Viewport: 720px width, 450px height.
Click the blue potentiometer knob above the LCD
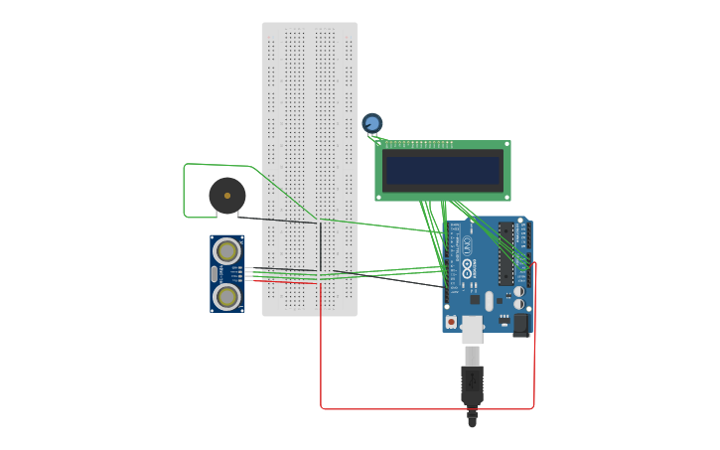(372, 123)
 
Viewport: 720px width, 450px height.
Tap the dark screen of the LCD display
(443, 171)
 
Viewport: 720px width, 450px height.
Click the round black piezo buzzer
(227, 196)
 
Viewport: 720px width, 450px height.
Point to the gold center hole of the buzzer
(227, 196)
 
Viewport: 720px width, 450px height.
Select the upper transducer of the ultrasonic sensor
(227, 250)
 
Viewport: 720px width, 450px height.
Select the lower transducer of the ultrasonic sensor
(227, 296)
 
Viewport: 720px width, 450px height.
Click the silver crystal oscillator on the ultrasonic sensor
(215, 273)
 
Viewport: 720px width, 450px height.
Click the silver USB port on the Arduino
(472, 329)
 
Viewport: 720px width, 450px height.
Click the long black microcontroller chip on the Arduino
(506, 253)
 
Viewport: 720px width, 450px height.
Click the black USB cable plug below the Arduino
(472, 382)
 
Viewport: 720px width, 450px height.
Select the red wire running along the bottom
(427, 408)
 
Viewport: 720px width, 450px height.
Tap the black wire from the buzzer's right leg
(278, 220)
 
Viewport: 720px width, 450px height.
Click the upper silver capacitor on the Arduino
(518, 292)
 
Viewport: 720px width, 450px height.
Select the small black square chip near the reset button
(475, 299)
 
